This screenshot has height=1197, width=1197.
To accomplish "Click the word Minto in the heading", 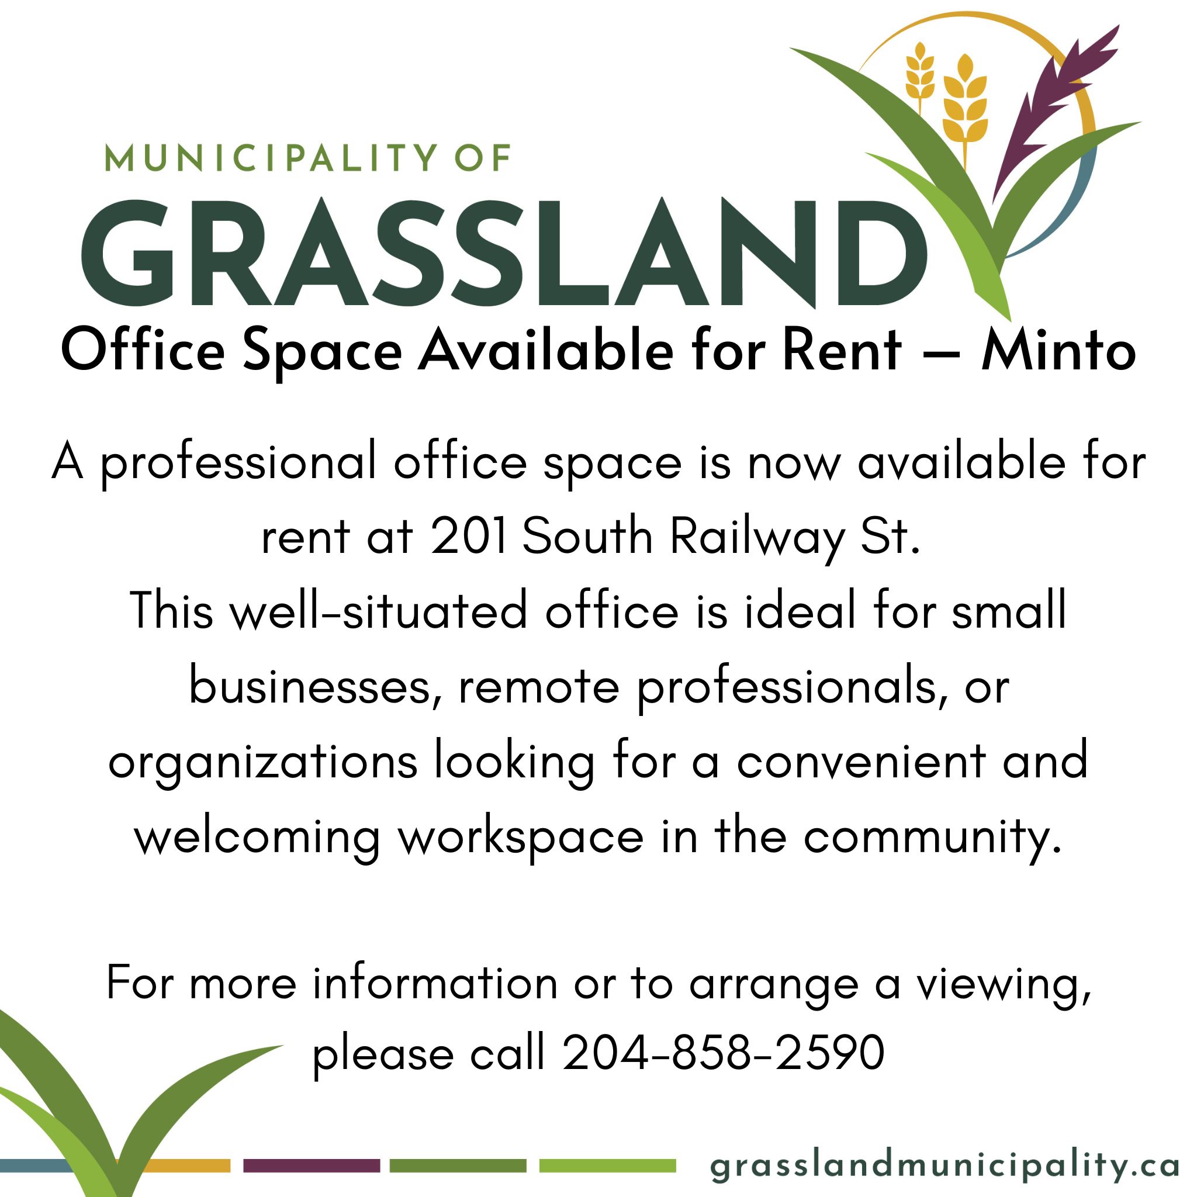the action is (x=1058, y=352).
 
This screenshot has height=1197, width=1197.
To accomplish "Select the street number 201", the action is (x=468, y=536).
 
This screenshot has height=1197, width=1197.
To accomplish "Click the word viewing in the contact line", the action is (x=1004, y=984).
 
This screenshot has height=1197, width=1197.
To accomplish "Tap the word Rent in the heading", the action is (x=842, y=351).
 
